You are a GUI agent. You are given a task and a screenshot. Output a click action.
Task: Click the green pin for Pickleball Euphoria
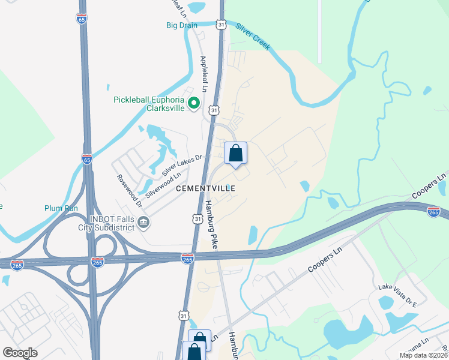[x=194, y=104]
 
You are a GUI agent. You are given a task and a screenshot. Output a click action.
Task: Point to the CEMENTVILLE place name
[x=205, y=188]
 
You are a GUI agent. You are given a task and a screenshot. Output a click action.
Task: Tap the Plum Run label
[x=61, y=208]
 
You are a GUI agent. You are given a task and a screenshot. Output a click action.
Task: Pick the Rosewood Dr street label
[x=130, y=191]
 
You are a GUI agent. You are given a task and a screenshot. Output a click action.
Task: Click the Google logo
[x=20, y=353]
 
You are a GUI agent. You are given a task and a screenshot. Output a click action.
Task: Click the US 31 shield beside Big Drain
[x=221, y=25]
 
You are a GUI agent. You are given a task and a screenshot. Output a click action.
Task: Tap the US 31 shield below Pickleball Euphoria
[x=214, y=110]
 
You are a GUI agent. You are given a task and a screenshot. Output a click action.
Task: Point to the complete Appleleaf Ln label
[x=203, y=74]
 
